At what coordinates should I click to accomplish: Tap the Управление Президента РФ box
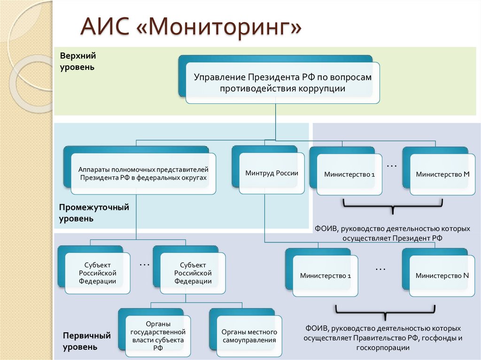(x=283, y=83)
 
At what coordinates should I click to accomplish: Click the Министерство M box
(x=442, y=174)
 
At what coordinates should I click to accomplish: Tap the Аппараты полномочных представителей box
(x=143, y=174)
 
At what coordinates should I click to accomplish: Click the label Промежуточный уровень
(x=94, y=213)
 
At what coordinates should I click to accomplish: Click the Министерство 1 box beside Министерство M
(x=349, y=174)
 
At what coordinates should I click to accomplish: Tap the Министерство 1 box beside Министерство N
(x=326, y=276)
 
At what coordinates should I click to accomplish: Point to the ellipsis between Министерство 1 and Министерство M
(x=392, y=166)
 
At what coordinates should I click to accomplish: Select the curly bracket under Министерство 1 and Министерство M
(x=393, y=205)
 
